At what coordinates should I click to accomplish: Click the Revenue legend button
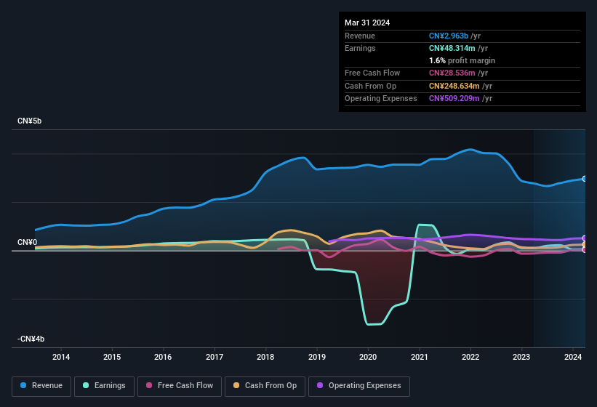coord(42,385)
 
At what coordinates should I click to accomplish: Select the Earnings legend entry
coord(104,385)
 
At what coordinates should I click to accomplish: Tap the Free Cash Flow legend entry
coord(180,385)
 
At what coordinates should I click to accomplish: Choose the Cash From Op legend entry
coord(264,385)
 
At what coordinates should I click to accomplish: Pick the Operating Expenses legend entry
coord(359,385)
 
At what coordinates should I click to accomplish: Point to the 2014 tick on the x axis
coord(61,357)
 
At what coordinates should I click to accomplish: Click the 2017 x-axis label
coord(215,357)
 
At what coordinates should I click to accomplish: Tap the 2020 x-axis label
coord(368,357)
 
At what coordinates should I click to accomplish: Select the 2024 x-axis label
coord(573,357)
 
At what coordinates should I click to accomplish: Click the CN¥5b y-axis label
coord(30,121)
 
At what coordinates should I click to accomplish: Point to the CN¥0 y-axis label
coord(27,242)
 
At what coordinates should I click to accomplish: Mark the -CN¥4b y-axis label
coord(31,339)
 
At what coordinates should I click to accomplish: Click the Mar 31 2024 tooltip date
coord(367,23)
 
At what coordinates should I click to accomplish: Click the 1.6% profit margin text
coord(462,60)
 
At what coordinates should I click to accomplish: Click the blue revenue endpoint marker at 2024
coord(584,179)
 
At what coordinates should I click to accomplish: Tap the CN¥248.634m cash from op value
coord(453,86)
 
